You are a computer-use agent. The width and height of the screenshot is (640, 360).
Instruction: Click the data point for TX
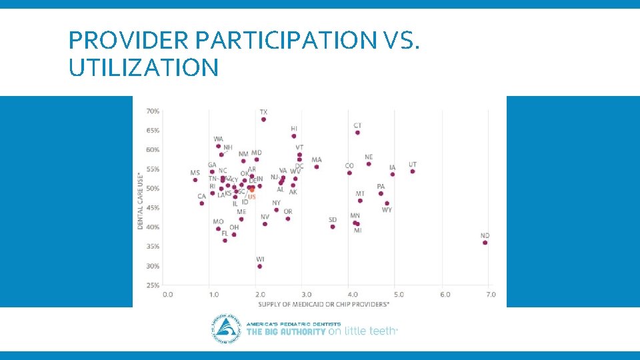[263, 119]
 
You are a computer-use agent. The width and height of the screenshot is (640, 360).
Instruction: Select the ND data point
[485, 243]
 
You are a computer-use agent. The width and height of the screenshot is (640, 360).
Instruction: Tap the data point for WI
[259, 266]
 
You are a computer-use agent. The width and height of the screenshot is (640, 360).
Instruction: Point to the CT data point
[357, 133]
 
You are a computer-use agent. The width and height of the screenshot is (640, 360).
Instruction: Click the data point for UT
[413, 171]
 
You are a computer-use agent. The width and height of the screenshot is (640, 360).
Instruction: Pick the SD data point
[333, 227]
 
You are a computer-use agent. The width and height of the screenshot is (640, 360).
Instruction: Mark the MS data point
[195, 180]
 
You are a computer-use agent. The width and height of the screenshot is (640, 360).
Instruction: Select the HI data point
[294, 136]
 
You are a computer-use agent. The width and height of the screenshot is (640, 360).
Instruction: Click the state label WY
[387, 210]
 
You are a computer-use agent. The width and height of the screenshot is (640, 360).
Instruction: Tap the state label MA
[316, 160]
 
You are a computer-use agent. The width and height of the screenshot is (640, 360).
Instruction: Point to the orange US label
[251, 197]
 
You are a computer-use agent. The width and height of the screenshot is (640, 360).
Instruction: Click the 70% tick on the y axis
[153, 111]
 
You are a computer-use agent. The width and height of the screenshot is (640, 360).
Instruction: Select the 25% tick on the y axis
[153, 285]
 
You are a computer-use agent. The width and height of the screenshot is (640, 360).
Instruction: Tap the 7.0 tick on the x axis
[491, 294]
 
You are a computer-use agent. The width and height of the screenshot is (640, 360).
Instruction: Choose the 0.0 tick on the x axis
[167, 294]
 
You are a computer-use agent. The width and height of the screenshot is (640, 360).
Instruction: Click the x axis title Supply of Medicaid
[323, 304]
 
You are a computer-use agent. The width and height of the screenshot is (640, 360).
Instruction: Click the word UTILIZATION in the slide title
[143, 67]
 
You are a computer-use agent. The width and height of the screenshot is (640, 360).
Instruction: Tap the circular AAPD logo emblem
[226, 329]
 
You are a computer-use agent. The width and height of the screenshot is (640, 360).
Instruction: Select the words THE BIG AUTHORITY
[286, 331]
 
